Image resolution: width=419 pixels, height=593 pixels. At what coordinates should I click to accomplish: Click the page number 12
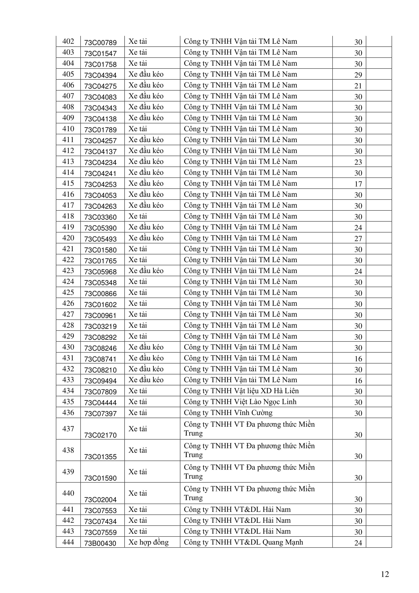(x=385, y=574)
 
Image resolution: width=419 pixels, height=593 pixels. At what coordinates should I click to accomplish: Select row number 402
(x=68, y=41)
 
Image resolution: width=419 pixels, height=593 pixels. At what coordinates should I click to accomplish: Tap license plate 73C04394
(x=100, y=75)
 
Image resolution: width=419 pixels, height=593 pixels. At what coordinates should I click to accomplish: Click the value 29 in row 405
(x=358, y=75)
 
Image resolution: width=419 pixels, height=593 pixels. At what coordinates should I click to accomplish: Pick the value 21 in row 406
(x=358, y=86)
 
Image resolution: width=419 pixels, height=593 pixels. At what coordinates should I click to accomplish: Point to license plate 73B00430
(x=100, y=543)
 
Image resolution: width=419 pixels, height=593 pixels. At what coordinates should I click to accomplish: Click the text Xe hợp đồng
(x=149, y=542)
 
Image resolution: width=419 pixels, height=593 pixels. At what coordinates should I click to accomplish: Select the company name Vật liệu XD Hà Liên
(x=241, y=391)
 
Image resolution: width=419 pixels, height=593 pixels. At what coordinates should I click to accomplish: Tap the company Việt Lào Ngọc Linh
(x=240, y=402)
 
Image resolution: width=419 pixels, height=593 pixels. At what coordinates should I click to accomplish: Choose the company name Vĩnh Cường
(x=228, y=413)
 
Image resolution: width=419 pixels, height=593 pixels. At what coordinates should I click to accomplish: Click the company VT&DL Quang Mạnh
(x=243, y=542)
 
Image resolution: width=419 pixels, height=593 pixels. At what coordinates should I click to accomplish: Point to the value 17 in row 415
(x=358, y=184)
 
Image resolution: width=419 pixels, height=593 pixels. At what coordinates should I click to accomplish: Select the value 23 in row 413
(x=358, y=162)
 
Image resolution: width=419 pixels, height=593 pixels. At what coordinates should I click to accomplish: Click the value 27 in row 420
(x=358, y=239)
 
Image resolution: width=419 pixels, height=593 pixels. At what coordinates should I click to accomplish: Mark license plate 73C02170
(x=100, y=435)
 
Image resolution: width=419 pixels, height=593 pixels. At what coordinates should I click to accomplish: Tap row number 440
(x=68, y=493)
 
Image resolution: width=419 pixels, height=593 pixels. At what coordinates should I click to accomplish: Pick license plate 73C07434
(x=100, y=522)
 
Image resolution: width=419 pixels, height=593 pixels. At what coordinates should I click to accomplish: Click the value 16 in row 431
(x=358, y=359)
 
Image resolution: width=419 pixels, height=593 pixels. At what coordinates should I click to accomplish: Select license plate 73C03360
(x=100, y=217)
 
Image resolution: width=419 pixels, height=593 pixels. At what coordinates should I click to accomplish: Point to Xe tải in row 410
(x=138, y=129)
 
